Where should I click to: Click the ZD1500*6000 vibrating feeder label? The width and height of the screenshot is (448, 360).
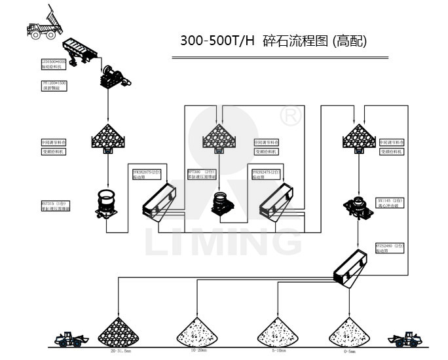pyautogui.click(x=54, y=63)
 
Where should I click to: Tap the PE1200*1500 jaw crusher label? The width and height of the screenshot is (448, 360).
pyautogui.click(x=54, y=86)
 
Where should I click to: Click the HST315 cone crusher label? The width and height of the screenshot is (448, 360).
pyautogui.click(x=55, y=206)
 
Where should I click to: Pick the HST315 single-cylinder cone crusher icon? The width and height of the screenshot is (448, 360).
pyautogui.click(x=106, y=203)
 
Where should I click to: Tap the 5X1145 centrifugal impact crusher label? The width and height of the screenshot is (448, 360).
pyautogui.click(x=390, y=203)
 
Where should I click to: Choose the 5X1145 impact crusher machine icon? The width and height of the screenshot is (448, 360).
pyautogui.click(x=358, y=205)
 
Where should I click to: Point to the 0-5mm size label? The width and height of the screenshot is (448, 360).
pyautogui.click(x=348, y=351)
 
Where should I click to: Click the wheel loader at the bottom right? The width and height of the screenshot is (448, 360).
pyautogui.click(x=407, y=338)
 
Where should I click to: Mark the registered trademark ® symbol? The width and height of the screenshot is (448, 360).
pyautogui.click(x=290, y=116)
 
